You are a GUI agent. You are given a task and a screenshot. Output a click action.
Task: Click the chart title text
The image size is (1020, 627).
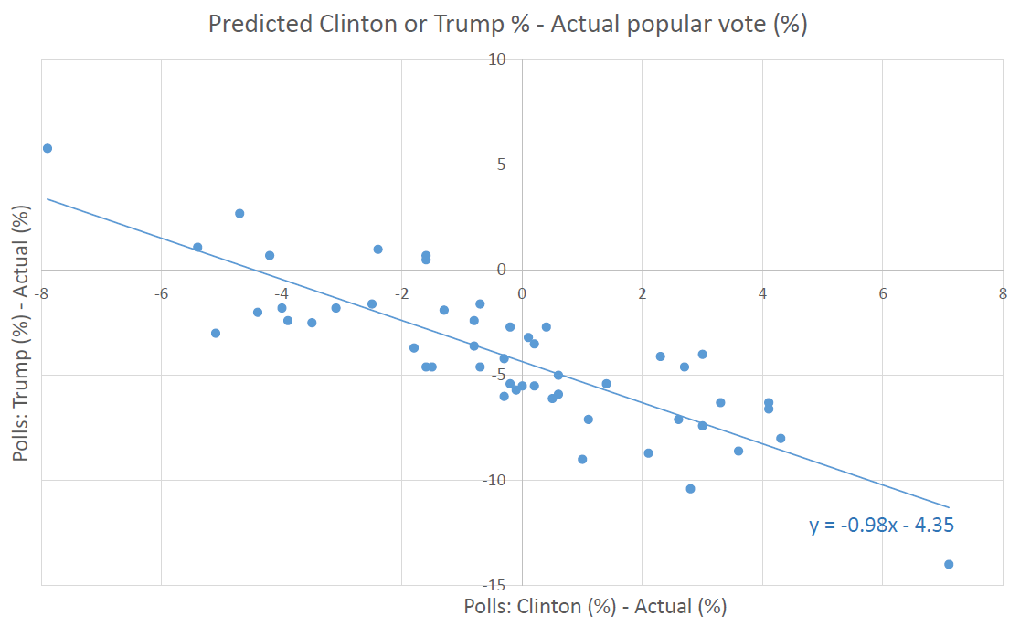pyautogui.click(x=507, y=25)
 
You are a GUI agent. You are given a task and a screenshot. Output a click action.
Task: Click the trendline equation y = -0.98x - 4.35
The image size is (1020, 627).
pyautogui.click(x=882, y=526)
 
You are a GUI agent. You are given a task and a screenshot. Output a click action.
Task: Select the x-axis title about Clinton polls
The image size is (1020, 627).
pyautogui.click(x=594, y=606)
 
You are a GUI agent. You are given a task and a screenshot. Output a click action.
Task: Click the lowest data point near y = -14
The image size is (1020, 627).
pyautogui.click(x=949, y=564)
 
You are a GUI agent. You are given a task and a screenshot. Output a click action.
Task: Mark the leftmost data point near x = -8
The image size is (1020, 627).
pyautogui.click(x=48, y=148)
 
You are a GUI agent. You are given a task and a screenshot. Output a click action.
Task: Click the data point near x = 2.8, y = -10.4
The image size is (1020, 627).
pyautogui.click(x=690, y=489)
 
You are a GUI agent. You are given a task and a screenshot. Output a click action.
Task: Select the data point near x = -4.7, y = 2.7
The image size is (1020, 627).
pyautogui.click(x=239, y=213)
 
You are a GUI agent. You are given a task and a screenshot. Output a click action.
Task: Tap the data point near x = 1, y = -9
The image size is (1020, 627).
pyautogui.click(x=582, y=459)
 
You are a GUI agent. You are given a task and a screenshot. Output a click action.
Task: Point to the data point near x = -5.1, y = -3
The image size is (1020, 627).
pyautogui.click(x=216, y=333)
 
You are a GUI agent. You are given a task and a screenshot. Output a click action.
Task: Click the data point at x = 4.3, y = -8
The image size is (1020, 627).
pyautogui.click(x=781, y=438)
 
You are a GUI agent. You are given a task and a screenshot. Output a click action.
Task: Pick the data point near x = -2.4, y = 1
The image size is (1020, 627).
pyautogui.click(x=377, y=249)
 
